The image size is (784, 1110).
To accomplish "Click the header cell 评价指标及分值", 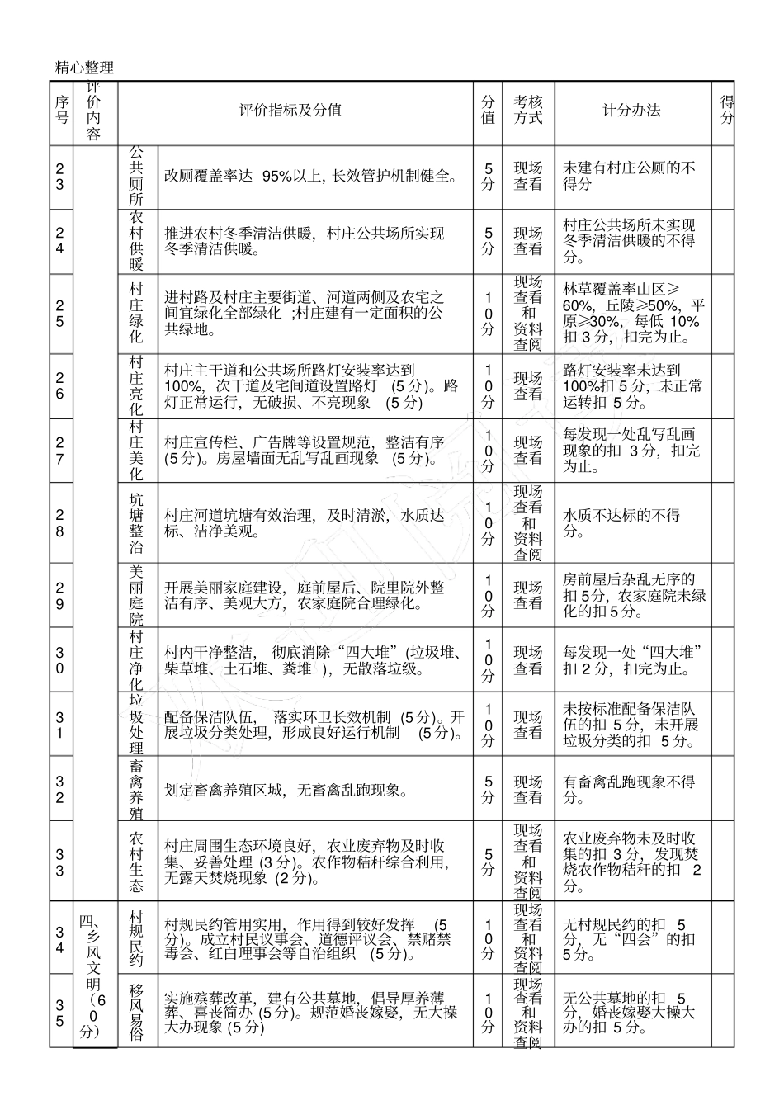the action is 290,111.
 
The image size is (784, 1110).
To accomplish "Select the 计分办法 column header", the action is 631,111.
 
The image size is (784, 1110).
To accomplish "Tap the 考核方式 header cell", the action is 528,111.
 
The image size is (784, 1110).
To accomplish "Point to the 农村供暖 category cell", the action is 137,241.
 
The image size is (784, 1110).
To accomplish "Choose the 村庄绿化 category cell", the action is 137,314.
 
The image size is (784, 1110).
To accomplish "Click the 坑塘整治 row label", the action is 137,524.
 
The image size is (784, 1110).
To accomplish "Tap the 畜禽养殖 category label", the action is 137,790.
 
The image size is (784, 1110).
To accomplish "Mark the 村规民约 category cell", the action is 137,938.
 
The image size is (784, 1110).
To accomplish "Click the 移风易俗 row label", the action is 137,1011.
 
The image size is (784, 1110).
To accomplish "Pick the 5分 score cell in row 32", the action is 489,790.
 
